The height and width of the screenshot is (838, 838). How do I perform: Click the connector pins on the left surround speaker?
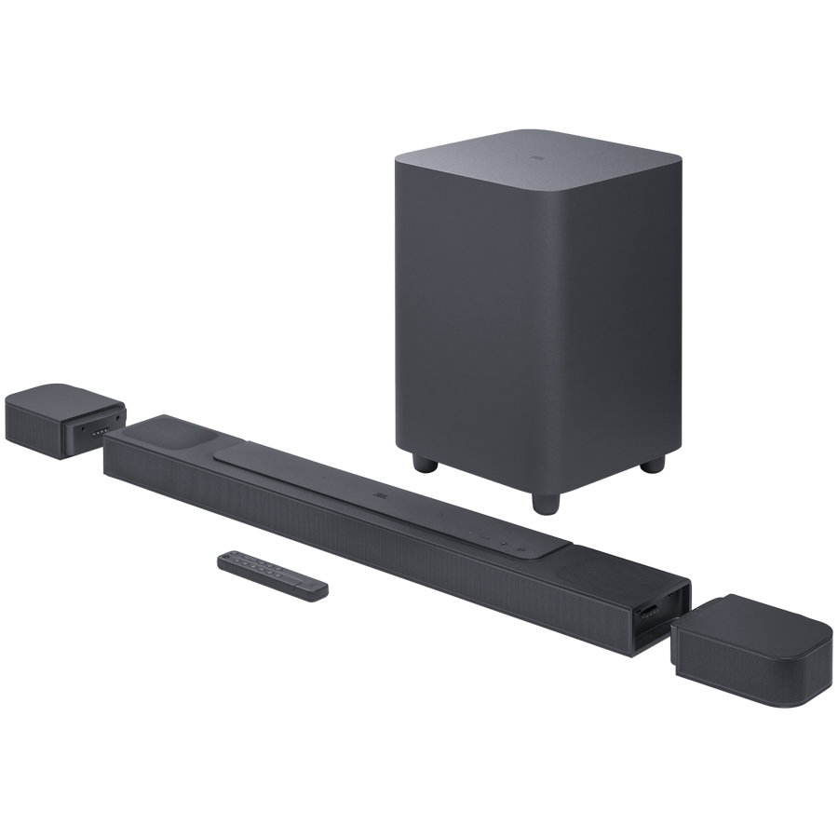97,429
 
